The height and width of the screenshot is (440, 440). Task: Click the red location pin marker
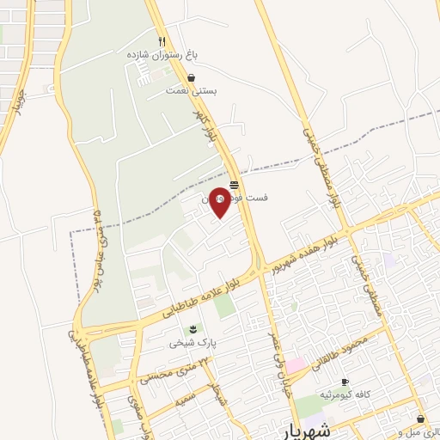coord(220,201)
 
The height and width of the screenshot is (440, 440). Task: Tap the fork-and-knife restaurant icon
coord(161,41)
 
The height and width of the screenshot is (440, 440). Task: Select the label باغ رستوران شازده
coord(162,54)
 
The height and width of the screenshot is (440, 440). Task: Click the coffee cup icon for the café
coord(345,382)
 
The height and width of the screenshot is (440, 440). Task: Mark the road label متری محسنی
coord(174,371)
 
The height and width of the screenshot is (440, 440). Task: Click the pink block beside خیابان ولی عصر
coord(296,366)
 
